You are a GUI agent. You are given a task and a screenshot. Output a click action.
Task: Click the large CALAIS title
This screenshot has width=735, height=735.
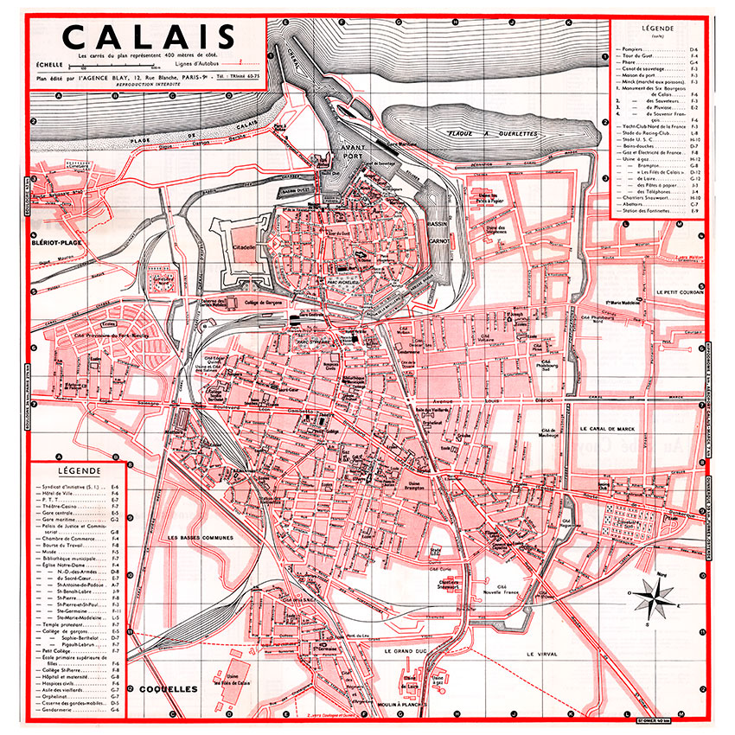coord(150,37)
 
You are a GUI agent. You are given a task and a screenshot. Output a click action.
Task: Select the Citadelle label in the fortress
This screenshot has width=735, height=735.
coord(245,246)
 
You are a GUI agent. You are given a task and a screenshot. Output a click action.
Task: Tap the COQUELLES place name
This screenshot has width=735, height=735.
coord(167,689)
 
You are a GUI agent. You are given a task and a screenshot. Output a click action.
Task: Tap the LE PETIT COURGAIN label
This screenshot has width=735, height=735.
coord(681,292)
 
